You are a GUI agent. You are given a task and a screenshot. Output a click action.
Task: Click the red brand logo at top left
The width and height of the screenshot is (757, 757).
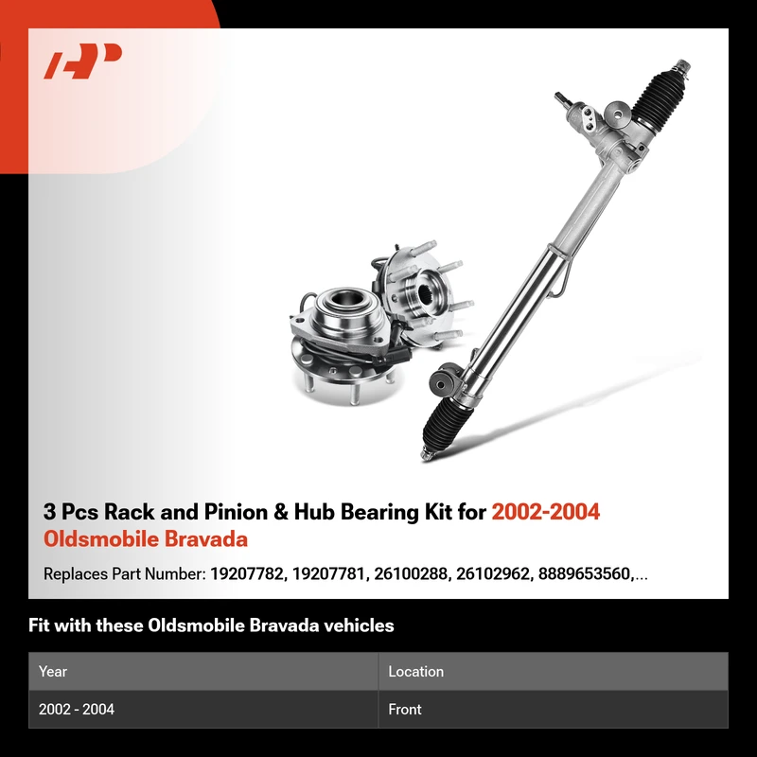82,61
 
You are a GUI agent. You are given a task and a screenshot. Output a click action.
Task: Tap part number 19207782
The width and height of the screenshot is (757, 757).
247,574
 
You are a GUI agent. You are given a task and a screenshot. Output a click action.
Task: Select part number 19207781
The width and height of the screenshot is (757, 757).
328,574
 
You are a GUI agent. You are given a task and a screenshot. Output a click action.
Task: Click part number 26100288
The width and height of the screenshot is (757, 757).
411,574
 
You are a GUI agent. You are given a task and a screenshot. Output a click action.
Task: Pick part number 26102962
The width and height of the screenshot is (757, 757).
493,574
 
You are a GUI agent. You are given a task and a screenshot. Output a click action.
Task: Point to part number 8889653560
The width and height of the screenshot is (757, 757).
585,574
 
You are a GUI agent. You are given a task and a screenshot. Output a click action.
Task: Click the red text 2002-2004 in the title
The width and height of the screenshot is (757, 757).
546,512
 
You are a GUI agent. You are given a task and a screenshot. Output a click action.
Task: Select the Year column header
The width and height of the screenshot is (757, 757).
53,672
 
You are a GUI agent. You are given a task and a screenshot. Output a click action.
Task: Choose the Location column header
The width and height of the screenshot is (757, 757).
415,672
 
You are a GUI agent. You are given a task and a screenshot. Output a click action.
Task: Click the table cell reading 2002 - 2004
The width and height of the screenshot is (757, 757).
77,709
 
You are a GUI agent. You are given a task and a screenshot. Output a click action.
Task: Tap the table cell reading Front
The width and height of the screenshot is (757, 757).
405,709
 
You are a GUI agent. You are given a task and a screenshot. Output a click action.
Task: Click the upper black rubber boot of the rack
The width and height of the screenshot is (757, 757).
658,98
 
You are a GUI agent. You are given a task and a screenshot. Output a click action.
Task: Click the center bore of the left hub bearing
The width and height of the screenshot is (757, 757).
345,298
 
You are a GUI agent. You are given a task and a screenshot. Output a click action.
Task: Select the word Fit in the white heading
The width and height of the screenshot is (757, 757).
39,625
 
